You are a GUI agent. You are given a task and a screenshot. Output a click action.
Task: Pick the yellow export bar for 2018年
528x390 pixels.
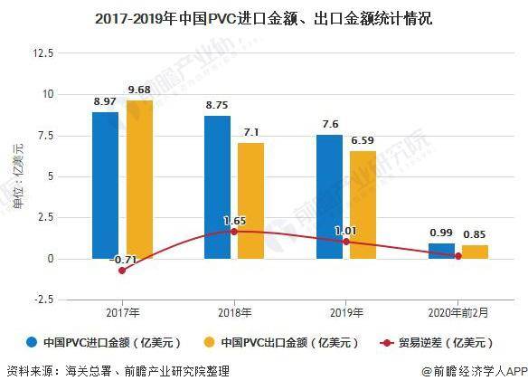click(250, 200)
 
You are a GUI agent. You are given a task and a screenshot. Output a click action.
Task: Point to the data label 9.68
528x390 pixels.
click(141, 89)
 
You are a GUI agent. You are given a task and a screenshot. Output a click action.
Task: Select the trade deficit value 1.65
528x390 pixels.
click(235, 220)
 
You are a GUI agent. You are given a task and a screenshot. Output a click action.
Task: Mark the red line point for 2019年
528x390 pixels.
click(346, 242)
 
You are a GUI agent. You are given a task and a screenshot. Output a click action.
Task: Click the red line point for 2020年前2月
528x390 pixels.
click(457, 256)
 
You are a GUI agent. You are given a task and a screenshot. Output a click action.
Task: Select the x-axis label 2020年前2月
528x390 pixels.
click(457, 315)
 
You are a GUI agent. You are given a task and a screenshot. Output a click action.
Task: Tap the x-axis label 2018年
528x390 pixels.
click(234, 315)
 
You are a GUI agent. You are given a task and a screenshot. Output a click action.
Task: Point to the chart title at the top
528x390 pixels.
click(263, 17)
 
